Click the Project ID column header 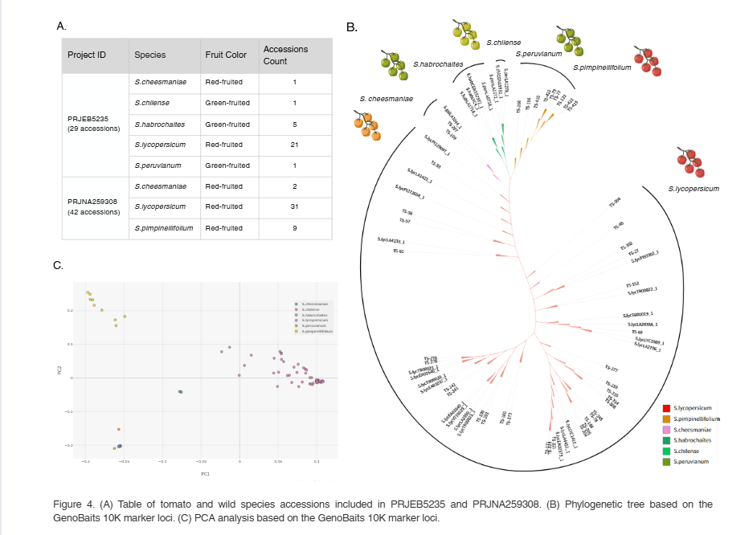click(87, 55)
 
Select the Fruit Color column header click(225, 55)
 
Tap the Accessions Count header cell click(285, 55)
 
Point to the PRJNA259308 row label click(92, 202)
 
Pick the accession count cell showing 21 click(295, 145)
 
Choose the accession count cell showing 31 click(295, 207)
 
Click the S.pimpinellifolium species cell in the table click(164, 228)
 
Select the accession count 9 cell click(295, 228)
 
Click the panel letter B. click(351, 27)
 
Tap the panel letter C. click(59, 265)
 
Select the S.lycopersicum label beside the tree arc click(693, 189)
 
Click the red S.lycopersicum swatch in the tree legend click(667, 409)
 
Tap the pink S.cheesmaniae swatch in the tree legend click(667, 429)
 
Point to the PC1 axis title click(205, 475)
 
